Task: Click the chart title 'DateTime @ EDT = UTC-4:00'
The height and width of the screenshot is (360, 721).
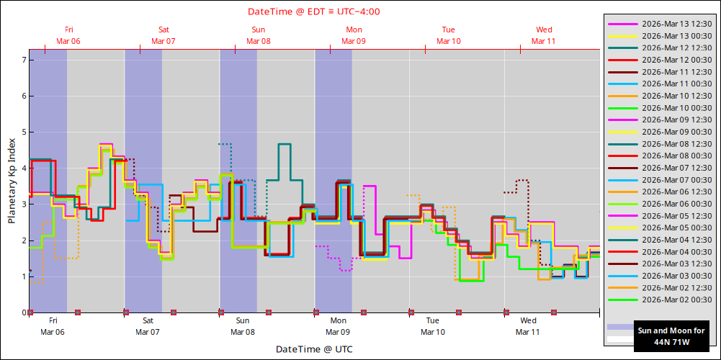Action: tap(314, 12)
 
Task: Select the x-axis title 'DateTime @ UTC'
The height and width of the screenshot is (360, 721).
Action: tap(314, 349)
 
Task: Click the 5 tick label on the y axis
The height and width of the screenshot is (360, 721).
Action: tap(23, 132)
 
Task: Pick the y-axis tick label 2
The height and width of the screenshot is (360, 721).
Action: tap(23, 240)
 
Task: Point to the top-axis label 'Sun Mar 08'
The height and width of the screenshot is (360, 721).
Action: tap(259, 35)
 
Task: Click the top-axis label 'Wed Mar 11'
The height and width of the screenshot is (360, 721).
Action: tap(544, 35)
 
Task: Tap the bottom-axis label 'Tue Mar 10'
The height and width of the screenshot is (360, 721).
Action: tap(433, 326)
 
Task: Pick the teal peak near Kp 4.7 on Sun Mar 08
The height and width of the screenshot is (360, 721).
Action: tap(284, 145)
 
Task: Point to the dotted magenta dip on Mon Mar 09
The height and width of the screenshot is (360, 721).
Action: tap(346, 270)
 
